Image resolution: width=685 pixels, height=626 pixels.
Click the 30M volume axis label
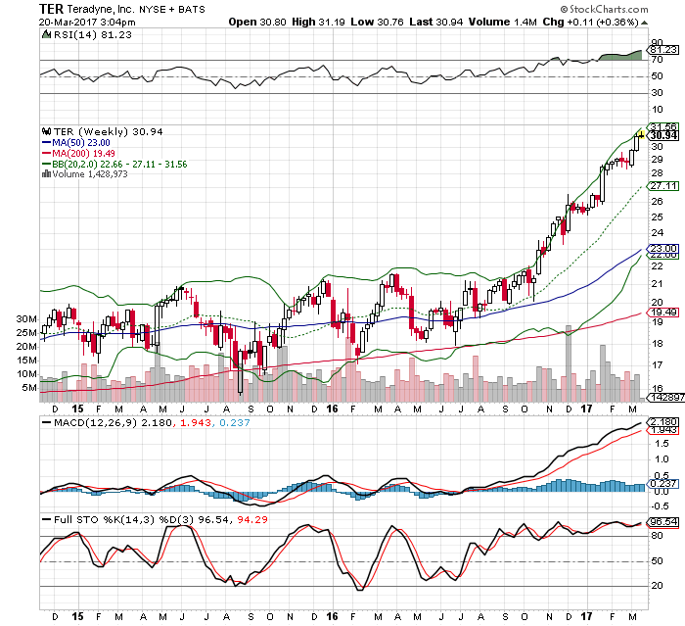24,319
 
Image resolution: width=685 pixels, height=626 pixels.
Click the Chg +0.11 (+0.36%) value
607,21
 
